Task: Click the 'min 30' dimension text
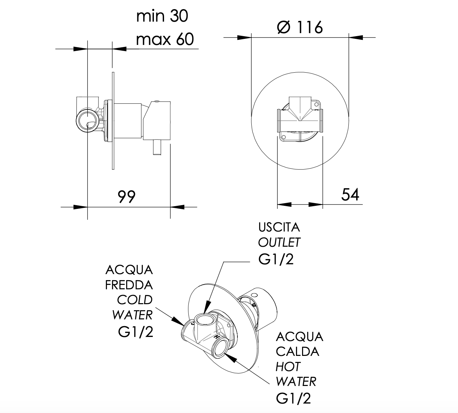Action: click(x=162, y=16)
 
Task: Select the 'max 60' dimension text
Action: click(x=165, y=39)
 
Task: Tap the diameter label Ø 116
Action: click(x=300, y=27)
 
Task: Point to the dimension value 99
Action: click(x=127, y=196)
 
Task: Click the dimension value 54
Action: click(x=350, y=194)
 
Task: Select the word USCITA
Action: click(x=279, y=227)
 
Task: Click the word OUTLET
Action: click(x=279, y=242)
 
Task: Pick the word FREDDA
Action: click(x=129, y=285)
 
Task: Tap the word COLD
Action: click(x=135, y=300)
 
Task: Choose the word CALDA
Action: click(x=297, y=351)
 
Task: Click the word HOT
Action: click(x=288, y=367)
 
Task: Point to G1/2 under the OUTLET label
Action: click(x=276, y=259)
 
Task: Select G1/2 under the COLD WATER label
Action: click(x=136, y=332)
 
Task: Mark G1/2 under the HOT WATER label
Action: click(x=293, y=398)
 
